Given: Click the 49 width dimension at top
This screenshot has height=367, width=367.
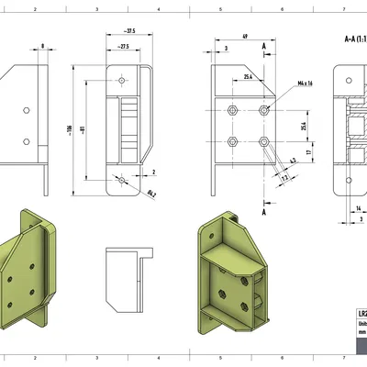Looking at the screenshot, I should click(246, 37).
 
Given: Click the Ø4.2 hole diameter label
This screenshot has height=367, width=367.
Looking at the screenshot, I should click(151, 193).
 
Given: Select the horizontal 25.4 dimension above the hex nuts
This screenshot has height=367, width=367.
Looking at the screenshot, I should click(249, 78).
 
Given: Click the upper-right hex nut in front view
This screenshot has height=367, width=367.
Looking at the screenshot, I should click(264, 110).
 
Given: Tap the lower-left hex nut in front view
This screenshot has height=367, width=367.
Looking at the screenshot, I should click(233, 141).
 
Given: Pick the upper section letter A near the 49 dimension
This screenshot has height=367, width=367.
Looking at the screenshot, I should click(264, 44).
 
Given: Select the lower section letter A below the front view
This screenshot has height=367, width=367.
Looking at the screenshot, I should click(264, 211).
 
